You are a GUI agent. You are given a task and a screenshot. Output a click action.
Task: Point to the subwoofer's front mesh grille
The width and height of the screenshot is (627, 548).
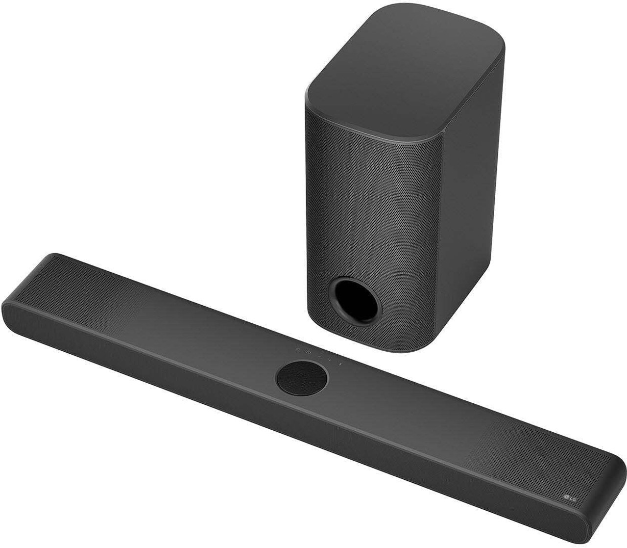pos(362,196)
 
